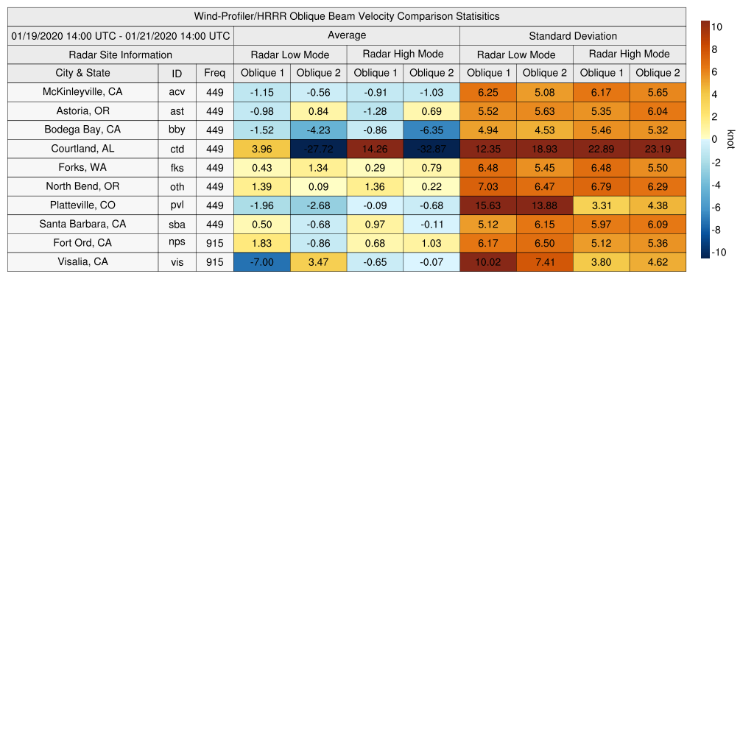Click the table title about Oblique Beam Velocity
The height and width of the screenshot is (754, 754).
[x=347, y=16]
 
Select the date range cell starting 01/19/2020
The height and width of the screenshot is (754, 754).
[x=121, y=35]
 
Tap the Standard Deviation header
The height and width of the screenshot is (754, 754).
[x=572, y=35]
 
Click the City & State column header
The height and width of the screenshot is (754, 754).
[x=82, y=73]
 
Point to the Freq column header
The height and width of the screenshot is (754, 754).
[x=214, y=73]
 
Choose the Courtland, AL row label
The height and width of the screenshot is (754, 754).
[x=82, y=149]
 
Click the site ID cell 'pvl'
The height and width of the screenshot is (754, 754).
[x=177, y=205]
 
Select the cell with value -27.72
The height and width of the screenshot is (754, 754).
[x=318, y=149]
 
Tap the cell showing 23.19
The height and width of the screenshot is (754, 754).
[x=658, y=149]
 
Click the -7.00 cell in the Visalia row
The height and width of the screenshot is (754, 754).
[x=261, y=262]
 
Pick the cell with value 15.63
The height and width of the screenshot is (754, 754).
[x=487, y=205]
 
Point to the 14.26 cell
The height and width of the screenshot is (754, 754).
[x=375, y=149]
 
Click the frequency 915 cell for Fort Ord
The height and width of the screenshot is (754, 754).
[x=214, y=243]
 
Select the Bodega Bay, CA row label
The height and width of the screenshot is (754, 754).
[x=82, y=130]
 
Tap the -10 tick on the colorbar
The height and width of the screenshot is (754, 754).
[x=719, y=252]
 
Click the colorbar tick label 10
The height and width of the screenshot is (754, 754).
[x=716, y=27]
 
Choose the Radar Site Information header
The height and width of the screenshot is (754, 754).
[x=121, y=54]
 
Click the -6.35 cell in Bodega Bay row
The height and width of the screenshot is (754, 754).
[x=431, y=130]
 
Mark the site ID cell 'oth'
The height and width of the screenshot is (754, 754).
[x=177, y=187]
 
